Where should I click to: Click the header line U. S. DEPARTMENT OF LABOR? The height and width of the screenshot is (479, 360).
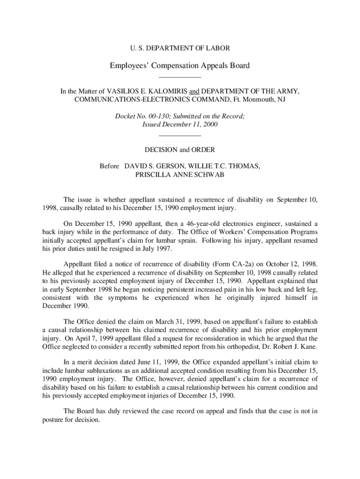(x=180, y=48)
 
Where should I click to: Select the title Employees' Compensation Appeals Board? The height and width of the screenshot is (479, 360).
(x=180, y=65)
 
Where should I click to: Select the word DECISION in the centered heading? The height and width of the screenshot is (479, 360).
(x=161, y=150)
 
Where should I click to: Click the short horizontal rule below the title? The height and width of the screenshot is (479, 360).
(x=180, y=77)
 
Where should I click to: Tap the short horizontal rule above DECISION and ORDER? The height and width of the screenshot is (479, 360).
(x=180, y=136)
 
